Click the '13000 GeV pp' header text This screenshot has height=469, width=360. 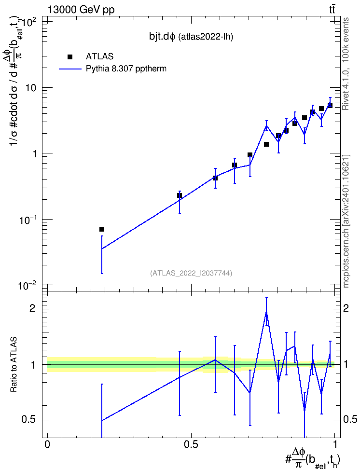81,10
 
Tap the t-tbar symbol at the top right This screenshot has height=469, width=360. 332,9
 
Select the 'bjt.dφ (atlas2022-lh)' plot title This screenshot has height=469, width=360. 191,37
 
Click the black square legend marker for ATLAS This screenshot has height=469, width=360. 70,57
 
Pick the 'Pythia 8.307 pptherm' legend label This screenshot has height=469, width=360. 126,69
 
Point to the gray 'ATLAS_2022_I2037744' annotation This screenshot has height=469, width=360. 191,273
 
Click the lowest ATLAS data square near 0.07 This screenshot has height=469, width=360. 102,229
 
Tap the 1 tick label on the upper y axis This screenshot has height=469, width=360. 34,154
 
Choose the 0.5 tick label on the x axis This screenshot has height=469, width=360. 191,444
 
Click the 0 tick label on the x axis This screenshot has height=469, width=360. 47,444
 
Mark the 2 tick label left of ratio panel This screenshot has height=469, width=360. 32,308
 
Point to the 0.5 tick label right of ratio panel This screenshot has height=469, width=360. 350,419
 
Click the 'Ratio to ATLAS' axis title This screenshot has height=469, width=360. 14,365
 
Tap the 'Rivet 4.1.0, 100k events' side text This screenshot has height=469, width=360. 346,64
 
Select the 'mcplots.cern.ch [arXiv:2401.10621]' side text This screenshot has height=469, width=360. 346,221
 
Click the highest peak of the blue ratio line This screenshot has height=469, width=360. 266,312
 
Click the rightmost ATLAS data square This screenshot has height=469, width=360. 330,106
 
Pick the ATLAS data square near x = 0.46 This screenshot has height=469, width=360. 180,195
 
